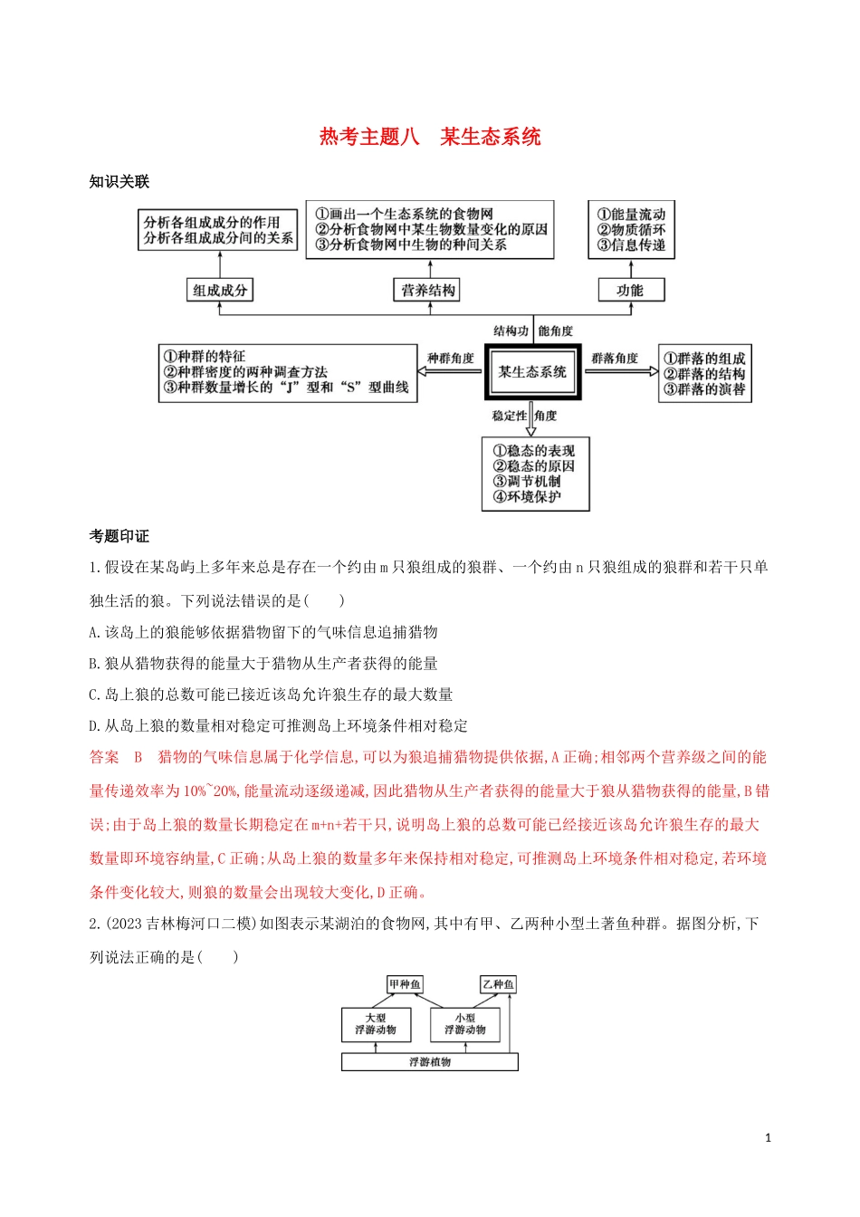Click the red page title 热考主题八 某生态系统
[430, 137]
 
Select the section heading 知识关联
[119, 181]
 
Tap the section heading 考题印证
[119, 536]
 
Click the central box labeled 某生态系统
[532, 372]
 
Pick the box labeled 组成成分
[219, 290]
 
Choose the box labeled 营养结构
[428, 290]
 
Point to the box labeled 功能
[630, 290]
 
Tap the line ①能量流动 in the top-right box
[632, 215]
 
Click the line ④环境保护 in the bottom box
[527, 497]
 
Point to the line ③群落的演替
[704, 389]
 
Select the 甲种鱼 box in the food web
[405, 984]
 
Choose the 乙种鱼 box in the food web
[498, 984]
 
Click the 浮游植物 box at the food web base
[429, 1061]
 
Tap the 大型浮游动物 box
[375, 1024]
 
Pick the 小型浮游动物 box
[464, 1024]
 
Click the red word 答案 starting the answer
[104, 757]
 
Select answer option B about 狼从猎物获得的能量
[263, 664]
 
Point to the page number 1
[769, 1138]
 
